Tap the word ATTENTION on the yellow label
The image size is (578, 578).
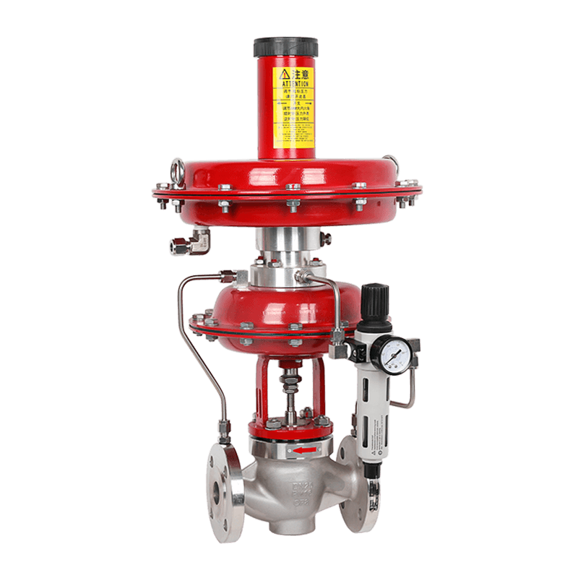[x=295, y=84]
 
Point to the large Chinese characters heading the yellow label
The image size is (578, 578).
[x=301, y=74]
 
